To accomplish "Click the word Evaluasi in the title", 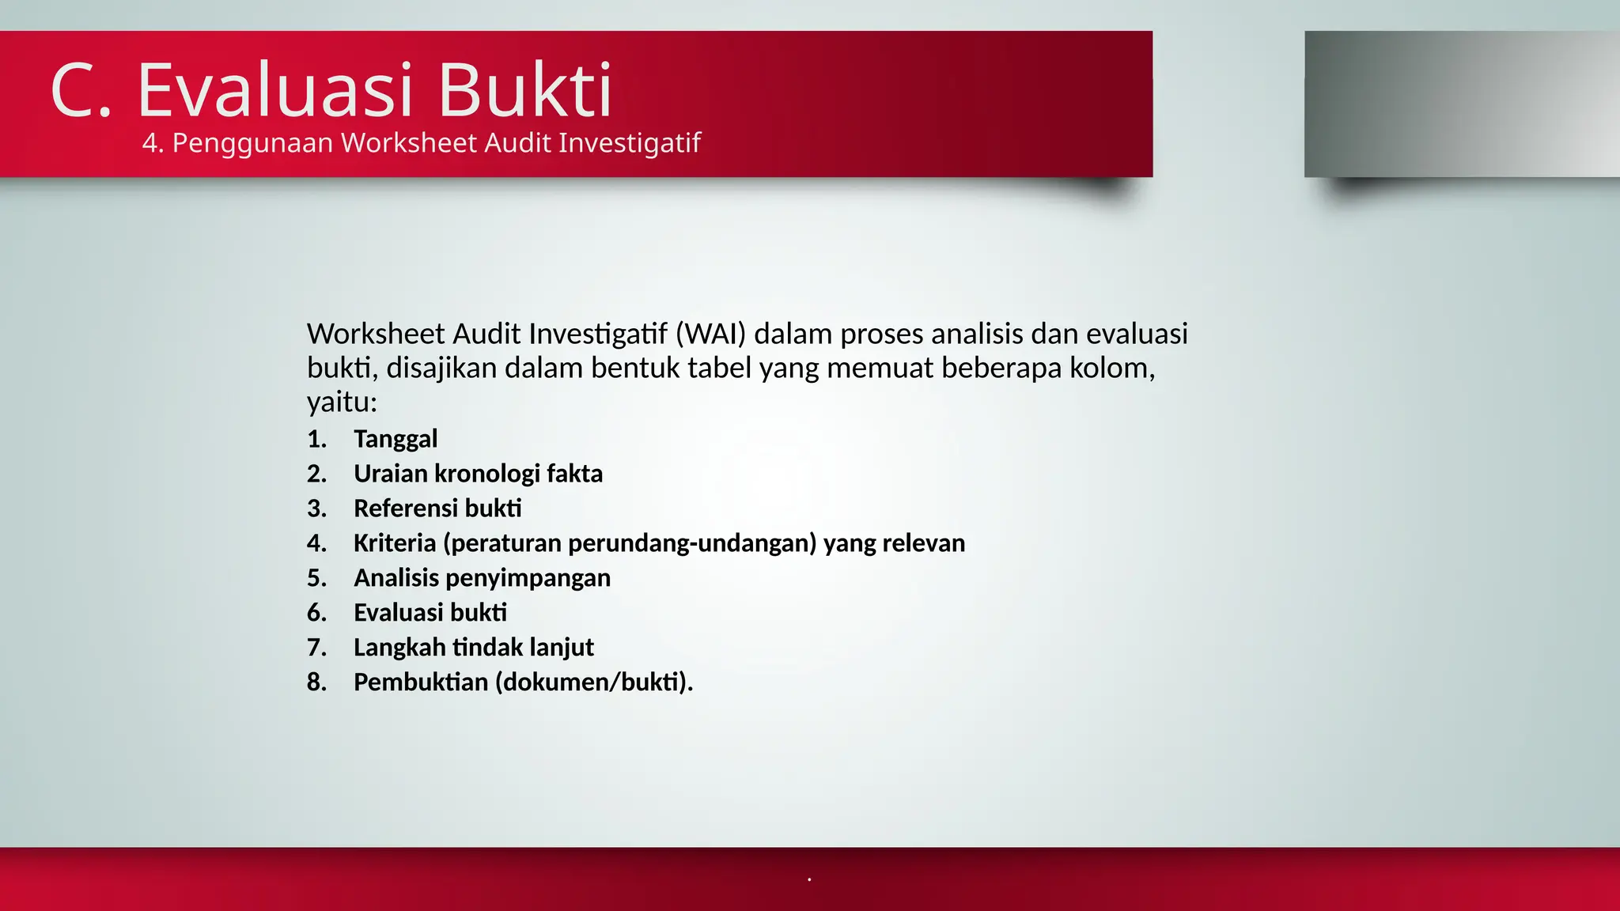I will [275, 90].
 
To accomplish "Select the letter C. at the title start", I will [81, 90].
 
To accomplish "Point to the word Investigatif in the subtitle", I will [630, 143].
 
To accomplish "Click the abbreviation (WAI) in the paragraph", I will [710, 335].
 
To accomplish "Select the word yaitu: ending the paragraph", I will [342, 403].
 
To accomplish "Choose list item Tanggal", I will [396, 439].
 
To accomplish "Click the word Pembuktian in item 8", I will [421, 682].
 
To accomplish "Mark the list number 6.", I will [316, 613].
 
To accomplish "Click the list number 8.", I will [316, 682].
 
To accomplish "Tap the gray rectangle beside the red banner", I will [1462, 104].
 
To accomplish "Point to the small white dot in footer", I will [809, 879].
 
